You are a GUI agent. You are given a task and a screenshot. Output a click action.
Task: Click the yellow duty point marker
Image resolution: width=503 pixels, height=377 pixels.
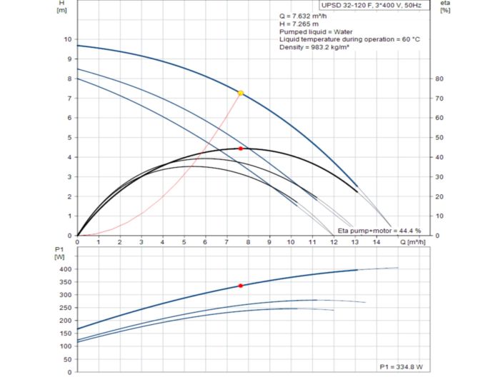[241, 94]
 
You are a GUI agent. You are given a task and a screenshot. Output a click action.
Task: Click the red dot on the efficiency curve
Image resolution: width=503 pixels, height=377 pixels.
[241, 149]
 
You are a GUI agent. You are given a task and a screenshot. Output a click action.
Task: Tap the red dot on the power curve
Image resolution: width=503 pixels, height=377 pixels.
[241, 286]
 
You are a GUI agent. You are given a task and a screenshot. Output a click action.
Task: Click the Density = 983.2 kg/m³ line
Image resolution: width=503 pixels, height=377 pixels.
[316, 47]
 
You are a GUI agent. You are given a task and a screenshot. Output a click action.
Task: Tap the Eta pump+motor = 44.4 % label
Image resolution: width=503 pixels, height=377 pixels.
[379, 231]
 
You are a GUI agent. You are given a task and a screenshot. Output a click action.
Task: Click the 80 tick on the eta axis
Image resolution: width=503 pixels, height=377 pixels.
[441, 79]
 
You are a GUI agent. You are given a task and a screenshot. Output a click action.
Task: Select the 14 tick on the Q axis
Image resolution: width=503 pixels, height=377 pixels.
[377, 243]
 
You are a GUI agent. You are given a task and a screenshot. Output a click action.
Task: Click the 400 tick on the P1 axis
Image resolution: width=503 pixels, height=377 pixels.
[66, 269]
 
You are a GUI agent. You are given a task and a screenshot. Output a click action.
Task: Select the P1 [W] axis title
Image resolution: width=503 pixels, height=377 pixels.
[60, 252]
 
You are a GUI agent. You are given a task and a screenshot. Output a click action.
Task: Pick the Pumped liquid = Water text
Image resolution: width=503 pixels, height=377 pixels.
[312, 31]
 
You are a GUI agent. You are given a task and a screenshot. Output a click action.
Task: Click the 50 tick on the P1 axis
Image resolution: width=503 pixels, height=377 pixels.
[68, 359]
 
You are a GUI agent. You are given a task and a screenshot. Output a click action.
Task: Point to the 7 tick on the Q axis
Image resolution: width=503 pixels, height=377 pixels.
[226, 243]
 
